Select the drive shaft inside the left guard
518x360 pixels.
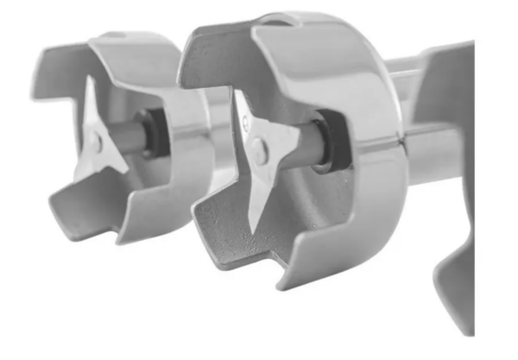pos(129,138)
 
